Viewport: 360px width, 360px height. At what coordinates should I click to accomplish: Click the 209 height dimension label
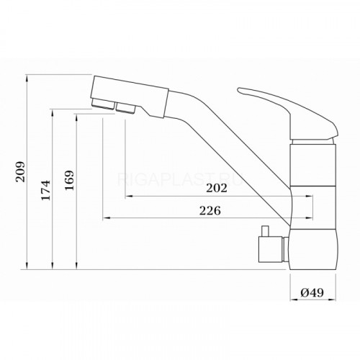(20, 171)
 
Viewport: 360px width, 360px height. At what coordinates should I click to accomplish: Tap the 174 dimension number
(45, 190)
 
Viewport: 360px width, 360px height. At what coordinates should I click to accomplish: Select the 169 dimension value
(70, 181)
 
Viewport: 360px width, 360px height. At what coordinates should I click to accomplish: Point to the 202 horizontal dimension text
(217, 188)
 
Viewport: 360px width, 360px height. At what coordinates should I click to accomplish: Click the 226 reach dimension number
(210, 211)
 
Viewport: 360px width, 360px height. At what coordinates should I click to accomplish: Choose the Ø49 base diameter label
(312, 292)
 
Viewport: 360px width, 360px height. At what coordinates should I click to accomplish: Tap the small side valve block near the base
(270, 250)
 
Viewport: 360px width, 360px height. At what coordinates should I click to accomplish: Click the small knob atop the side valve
(265, 231)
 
